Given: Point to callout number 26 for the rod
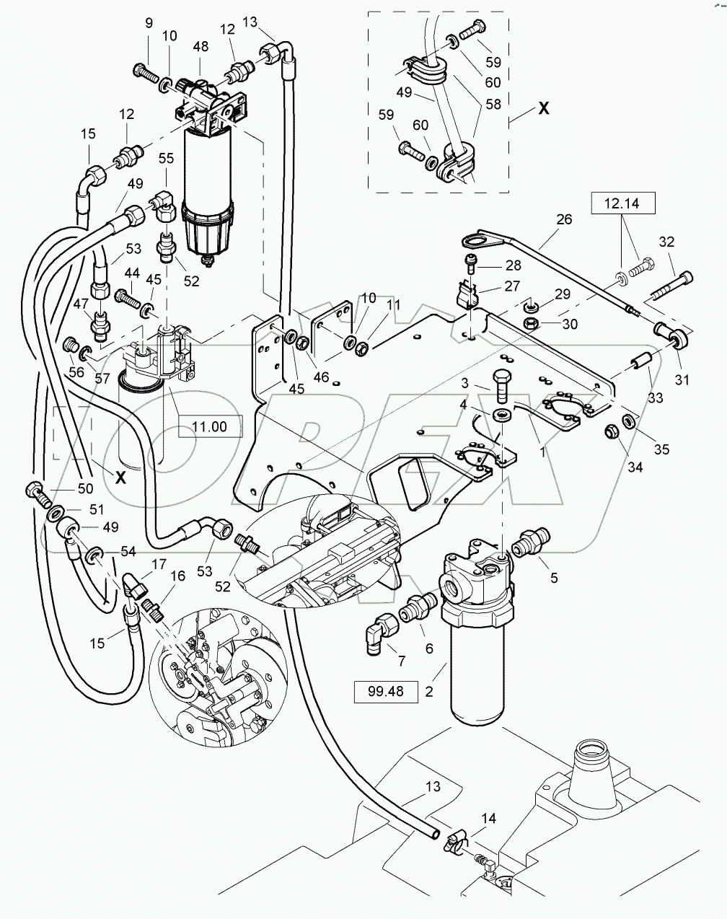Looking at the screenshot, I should coord(563,219).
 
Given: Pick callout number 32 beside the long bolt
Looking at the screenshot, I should coord(666,242).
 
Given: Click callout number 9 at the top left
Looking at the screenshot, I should coord(149,23).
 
